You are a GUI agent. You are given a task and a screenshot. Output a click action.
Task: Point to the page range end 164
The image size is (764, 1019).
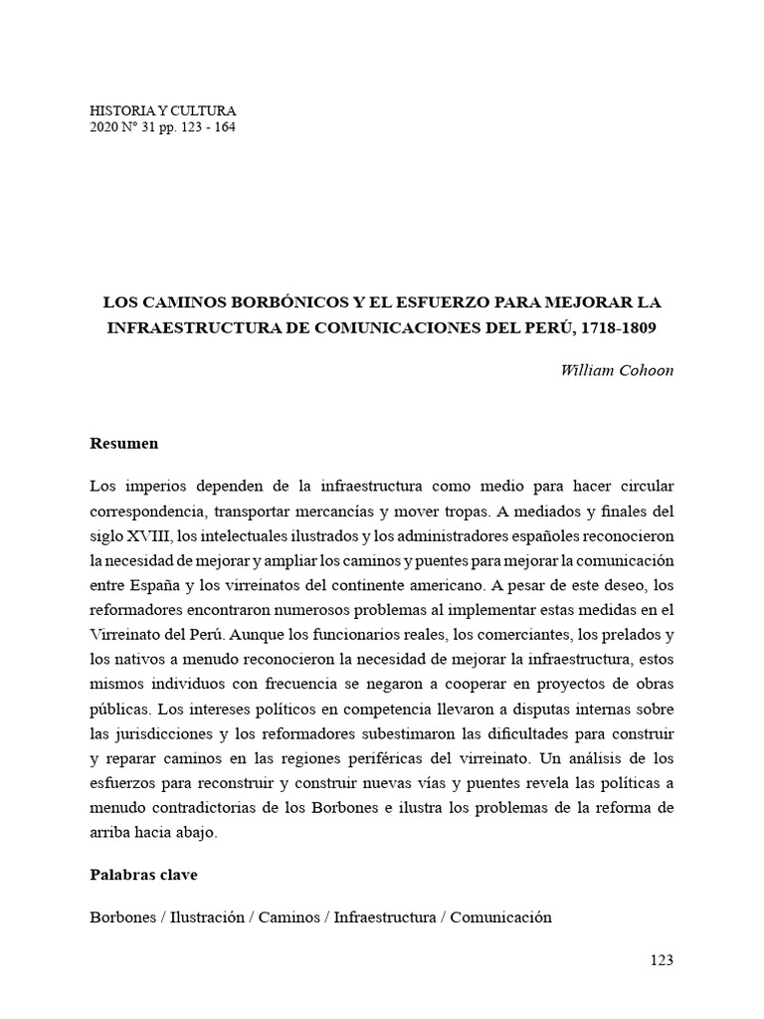click(225, 127)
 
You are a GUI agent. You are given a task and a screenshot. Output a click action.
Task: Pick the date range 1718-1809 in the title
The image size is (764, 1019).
click(617, 326)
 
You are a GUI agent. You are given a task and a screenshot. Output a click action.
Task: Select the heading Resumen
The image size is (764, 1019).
click(123, 442)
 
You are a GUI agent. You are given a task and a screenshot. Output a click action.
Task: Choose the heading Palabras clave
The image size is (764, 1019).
click(143, 875)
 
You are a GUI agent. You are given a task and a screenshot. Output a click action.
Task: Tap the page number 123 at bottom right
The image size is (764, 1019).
click(661, 960)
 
